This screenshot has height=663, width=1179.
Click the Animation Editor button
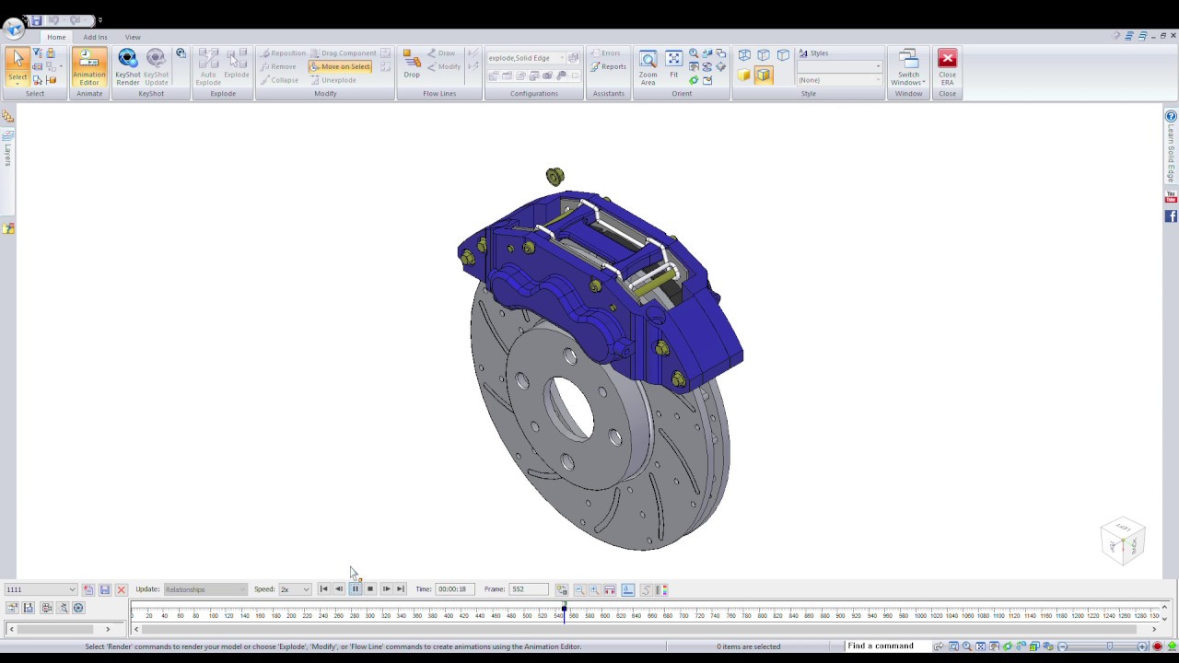[89, 66]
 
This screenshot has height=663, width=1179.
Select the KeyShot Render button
[127, 66]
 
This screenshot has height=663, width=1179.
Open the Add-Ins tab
[95, 37]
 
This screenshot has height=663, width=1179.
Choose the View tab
[133, 37]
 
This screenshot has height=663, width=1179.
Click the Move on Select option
[340, 66]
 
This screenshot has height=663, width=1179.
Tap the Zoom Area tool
[648, 66]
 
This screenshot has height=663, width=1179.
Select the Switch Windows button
[908, 66]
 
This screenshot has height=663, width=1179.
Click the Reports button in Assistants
[609, 66]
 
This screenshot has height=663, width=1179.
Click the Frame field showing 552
[528, 589]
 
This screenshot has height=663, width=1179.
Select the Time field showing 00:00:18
[453, 589]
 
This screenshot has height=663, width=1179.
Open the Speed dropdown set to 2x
[295, 589]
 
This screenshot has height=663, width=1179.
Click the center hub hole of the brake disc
[571, 406]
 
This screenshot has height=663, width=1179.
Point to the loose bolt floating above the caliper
[554, 176]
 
